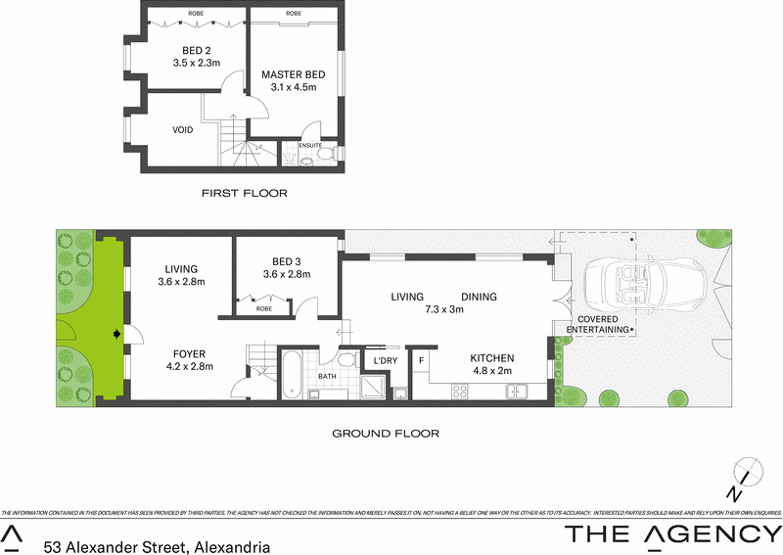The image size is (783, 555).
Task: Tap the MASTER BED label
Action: [x=293, y=74]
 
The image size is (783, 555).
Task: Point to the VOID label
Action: [x=183, y=130]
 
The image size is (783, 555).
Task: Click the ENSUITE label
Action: [x=310, y=146]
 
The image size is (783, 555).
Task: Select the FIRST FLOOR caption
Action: [x=245, y=193]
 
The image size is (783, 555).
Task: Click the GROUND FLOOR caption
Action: [x=385, y=433]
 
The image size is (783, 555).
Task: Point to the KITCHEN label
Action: [x=491, y=358]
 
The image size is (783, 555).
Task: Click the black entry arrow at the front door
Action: [x=117, y=335]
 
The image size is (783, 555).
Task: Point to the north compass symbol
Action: [x=746, y=472]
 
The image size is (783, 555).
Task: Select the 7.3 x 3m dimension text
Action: [x=442, y=310]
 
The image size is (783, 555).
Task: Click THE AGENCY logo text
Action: [x=669, y=533]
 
